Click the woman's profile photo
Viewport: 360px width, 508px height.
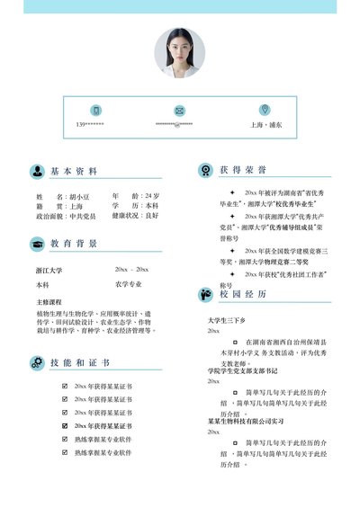[x=180, y=52]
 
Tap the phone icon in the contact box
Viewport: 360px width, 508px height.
[x=96, y=110]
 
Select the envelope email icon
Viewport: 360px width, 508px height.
[x=180, y=110]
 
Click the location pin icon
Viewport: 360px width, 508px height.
[x=264, y=110]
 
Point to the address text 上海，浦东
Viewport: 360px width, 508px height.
[x=266, y=125]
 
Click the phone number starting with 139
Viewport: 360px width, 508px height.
[x=90, y=125]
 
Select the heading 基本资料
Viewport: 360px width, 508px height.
[x=74, y=171]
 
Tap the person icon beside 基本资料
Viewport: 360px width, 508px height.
[x=37, y=171]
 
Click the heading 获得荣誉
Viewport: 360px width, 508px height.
[x=243, y=169]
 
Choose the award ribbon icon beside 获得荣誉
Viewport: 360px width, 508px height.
[x=203, y=169]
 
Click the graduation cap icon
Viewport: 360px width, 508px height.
[x=37, y=244]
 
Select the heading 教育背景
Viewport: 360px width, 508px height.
[x=74, y=244]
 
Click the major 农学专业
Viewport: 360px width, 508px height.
[x=129, y=284]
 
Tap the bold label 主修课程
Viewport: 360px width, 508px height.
[x=49, y=302]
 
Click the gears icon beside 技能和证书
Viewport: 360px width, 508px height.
[x=37, y=362]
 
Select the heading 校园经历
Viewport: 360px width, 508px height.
[x=243, y=293]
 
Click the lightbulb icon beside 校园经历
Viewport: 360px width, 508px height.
[x=203, y=293]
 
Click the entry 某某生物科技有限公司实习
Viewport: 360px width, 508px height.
[x=246, y=420]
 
